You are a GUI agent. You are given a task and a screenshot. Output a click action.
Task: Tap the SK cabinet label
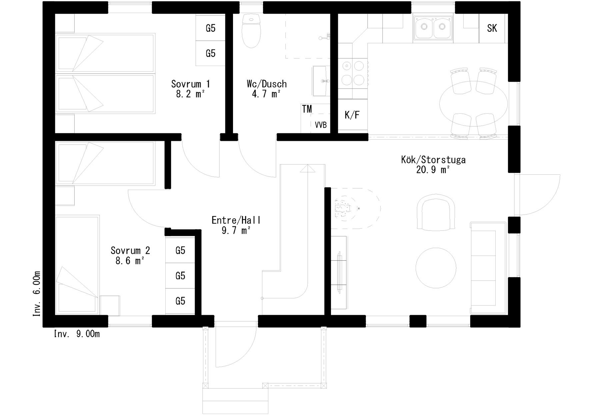(492, 28)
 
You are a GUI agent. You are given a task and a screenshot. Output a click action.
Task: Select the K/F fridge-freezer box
(353, 115)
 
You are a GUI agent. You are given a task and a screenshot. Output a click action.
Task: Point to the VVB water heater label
(321, 125)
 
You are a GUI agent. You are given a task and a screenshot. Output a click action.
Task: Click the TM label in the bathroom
(307, 109)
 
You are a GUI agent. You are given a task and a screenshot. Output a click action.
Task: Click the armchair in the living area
(436, 212)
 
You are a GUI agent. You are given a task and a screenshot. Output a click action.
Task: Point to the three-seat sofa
(489, 268)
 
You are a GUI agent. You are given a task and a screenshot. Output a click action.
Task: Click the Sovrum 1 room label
(190, 84)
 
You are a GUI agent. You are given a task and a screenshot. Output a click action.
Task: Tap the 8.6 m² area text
(130, 261)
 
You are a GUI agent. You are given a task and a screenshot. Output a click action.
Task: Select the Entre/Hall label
(236, 220)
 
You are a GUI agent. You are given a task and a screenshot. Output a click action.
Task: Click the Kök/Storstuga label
(433, 160)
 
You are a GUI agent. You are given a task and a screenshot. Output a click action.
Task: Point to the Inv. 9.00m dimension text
(77, 334)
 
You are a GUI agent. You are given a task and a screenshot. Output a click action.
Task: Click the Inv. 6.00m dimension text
(37, 294)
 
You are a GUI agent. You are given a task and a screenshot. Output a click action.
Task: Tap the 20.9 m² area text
(433, 170)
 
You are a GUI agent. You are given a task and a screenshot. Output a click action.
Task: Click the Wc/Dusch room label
(267, 84)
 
